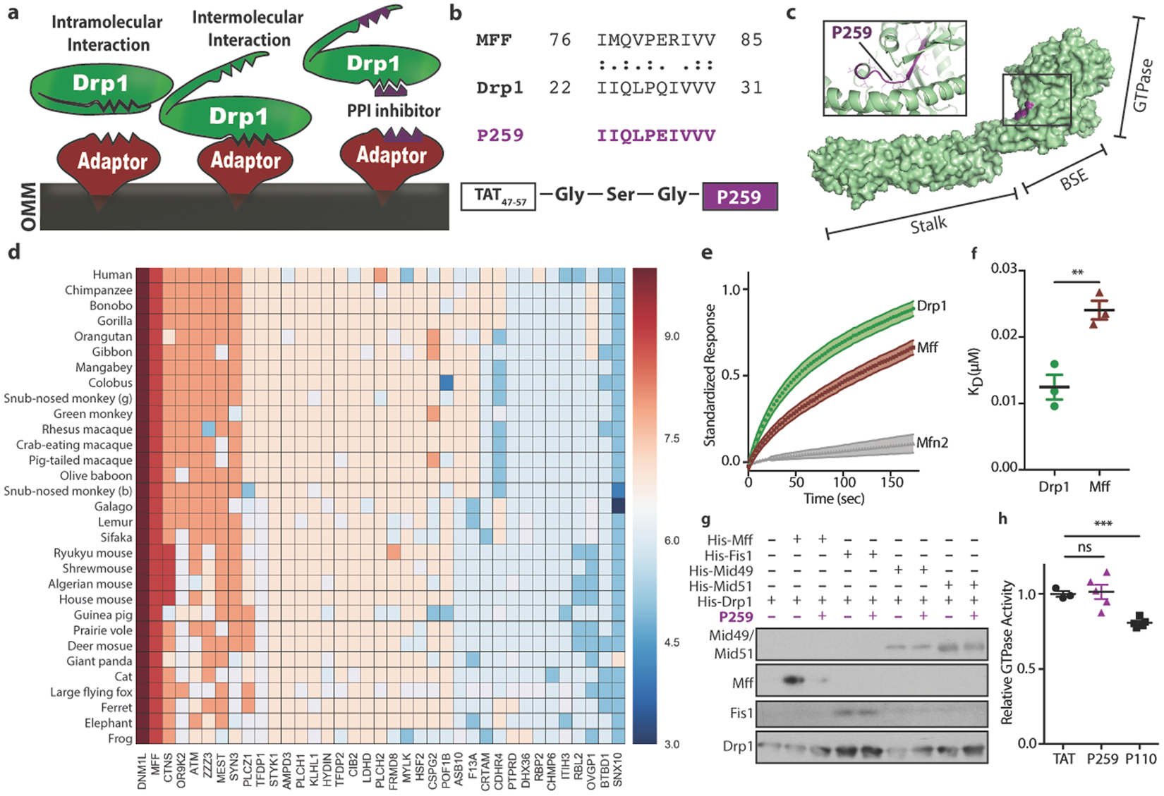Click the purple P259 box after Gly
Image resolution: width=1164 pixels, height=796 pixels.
(x=739, y=196)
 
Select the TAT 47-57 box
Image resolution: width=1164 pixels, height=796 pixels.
(x=498, y=196)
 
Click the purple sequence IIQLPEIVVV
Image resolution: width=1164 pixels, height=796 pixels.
(x=656, y=135)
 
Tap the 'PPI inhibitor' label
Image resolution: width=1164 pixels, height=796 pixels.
(x=394, y=111)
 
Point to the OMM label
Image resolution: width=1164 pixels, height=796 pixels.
(x=28, y=206)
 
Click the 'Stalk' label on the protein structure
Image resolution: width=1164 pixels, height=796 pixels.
(x=928, y=226)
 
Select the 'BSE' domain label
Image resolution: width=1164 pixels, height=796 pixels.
(x=1074, y=179)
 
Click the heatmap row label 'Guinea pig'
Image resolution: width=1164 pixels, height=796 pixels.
(x=103, y=616)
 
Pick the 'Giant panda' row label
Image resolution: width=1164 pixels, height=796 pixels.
(x=99, y=661)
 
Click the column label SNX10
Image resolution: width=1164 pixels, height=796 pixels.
(x=617, y=769)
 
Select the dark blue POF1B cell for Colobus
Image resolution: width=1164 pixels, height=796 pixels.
(x=447, y=384)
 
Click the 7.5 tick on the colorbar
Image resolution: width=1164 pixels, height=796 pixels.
(x=672, y=439)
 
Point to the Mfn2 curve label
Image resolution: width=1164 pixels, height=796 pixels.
(x=932, y=442)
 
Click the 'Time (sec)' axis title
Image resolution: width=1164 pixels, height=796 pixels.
(x=834, y=499)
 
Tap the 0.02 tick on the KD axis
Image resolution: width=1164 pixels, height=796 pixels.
(x=1002, y=334)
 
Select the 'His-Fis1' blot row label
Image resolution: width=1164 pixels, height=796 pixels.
(x=729, y=555)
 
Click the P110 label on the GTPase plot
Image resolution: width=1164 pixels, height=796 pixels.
(x=1141, y=759)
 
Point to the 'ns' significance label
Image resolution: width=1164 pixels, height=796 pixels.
(x=1084, y=546)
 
